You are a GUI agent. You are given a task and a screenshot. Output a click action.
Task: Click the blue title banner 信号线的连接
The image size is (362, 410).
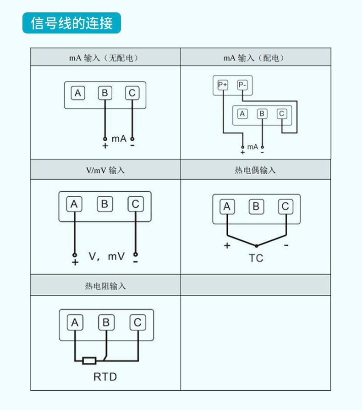(71, 23)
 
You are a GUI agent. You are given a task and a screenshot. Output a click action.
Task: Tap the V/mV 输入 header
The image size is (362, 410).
(105, 170)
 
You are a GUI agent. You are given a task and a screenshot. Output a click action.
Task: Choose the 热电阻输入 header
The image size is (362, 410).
(105, 286)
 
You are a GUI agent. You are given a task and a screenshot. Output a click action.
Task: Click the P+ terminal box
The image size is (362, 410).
(223, 84)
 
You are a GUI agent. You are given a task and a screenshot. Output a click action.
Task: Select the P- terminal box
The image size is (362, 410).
(242, 84)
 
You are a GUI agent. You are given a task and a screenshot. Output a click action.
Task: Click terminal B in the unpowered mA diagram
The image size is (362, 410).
(105, 94)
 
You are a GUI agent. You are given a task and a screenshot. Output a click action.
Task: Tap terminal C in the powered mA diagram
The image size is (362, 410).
(281, 114)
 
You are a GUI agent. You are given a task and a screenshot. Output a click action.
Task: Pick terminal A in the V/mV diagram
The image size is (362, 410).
(74, 204)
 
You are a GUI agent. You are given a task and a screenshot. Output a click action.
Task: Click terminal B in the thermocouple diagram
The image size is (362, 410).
(256, 207)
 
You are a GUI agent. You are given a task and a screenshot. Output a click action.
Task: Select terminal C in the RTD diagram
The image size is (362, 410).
(137, 323)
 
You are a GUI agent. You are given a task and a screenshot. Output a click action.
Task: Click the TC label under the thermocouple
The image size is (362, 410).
(256, 258)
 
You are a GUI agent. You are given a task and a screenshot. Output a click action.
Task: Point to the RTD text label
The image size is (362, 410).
(105, 377)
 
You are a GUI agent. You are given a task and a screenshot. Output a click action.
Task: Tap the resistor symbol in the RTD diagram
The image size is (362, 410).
(89, 360)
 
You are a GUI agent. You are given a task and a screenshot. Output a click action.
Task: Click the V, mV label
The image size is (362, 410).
(106, 256)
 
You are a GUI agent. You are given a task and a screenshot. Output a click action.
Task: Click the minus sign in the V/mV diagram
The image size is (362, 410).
(135, 262)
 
